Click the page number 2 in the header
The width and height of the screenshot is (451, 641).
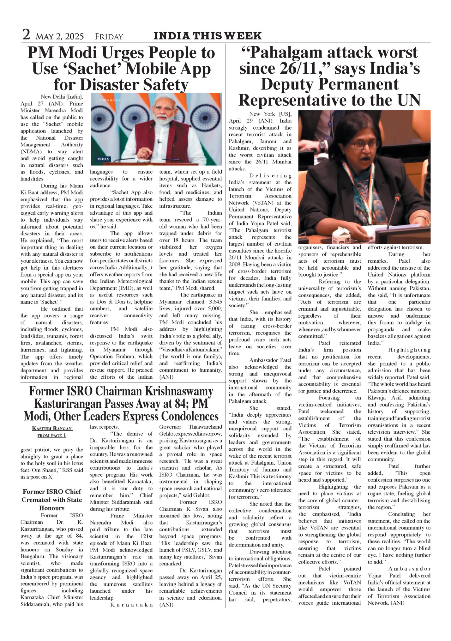[x=26, y=35]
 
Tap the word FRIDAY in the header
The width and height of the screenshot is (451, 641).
[x=109, y=37]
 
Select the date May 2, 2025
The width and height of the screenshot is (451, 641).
[x=60, y=37]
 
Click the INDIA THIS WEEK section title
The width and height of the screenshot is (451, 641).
[x=207, y=36]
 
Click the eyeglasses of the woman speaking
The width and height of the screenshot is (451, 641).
[x=364, y=145]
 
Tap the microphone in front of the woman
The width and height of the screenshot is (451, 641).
[x=397, y=199]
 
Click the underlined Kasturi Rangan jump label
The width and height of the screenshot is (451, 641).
[x=52, y=429]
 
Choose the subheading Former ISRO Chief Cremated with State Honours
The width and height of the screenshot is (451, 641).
[x=52, y=500]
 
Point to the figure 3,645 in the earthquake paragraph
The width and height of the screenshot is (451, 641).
[x=213, y=302]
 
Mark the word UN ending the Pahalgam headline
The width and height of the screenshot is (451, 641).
[x=409, y=100]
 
